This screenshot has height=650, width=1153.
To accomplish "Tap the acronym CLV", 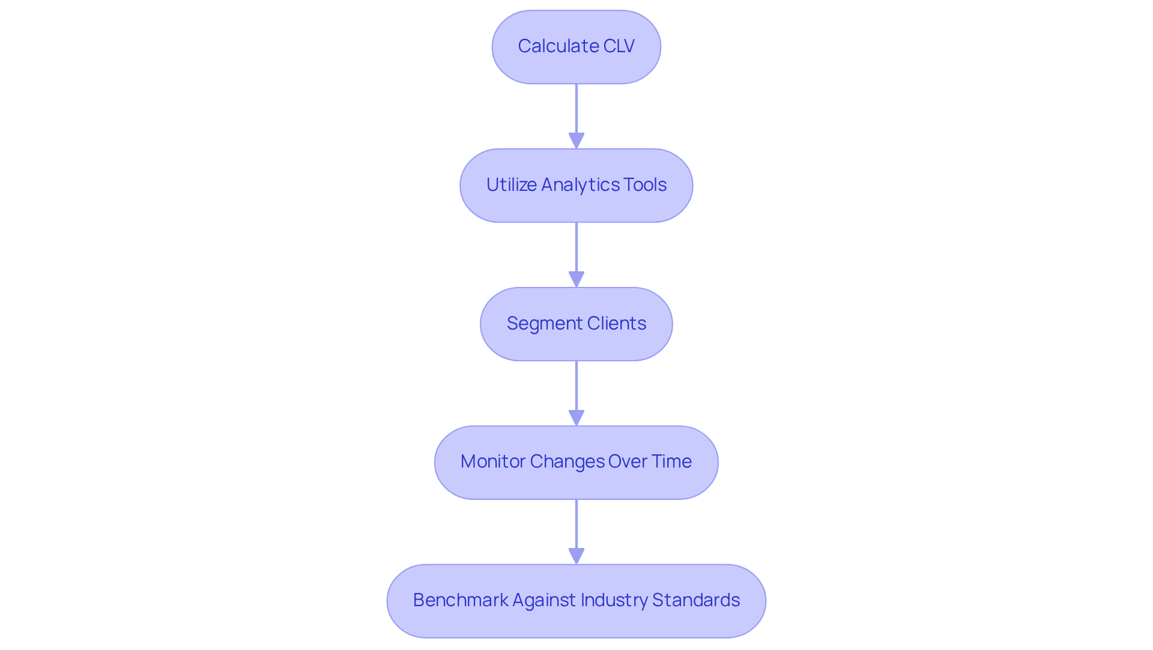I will (x=619, y=46).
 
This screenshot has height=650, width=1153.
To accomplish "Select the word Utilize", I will (x=511, y=185).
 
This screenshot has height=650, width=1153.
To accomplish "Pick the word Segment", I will (x=544, y=323).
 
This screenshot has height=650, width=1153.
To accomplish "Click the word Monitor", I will (x=492, y=462).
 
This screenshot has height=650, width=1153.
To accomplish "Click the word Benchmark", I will (x=460, y=600).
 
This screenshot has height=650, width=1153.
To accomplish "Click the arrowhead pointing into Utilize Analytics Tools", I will (x=576, y=141).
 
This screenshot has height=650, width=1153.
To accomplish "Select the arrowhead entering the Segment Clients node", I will (x=576, y=280).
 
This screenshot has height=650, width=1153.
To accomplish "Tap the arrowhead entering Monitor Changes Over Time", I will (x=576, y=418).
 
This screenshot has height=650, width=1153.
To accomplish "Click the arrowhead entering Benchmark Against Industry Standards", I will (x=576, y=556).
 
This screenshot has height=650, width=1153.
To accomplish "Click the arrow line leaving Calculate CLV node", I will (x=576, y=108).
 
